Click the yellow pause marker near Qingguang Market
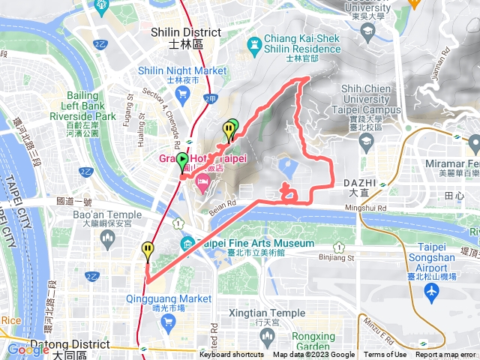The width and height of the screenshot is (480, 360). click(x=148, y=250)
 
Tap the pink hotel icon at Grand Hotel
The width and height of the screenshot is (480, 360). click(x=202, y=183)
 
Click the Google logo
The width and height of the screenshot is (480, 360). click(x=28, y=349)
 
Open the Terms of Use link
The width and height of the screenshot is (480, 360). click(x=385, y=355)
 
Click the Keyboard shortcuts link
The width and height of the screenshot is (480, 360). click(x=231, y=355)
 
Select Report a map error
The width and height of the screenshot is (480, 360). click(x=445, y=355)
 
